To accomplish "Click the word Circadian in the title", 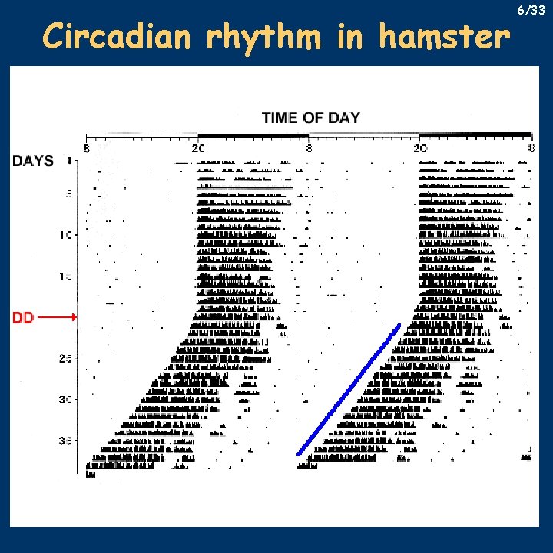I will [x=104, y=36].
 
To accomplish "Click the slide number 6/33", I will [x=531, y=11].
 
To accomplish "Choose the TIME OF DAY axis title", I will [x=310, y=118].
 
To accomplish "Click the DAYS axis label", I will [x=32, y=161].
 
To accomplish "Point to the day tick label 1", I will [x=69, y=161].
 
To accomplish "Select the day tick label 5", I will [x=69, y=194].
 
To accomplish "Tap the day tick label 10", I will [x=67, y=235].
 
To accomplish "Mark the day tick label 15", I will [x=67, y=276].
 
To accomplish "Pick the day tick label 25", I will [x=67, y=358].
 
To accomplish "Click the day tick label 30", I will [x=67, y=399].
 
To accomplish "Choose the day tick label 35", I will [x=67, y=441].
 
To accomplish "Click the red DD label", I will [x=23, y=316].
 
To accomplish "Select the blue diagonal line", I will [x=349, y=389].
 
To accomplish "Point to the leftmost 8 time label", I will [x=87, y=147].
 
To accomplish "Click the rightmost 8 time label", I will [x=531, y=147].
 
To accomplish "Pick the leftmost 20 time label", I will [x=197, y=147].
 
